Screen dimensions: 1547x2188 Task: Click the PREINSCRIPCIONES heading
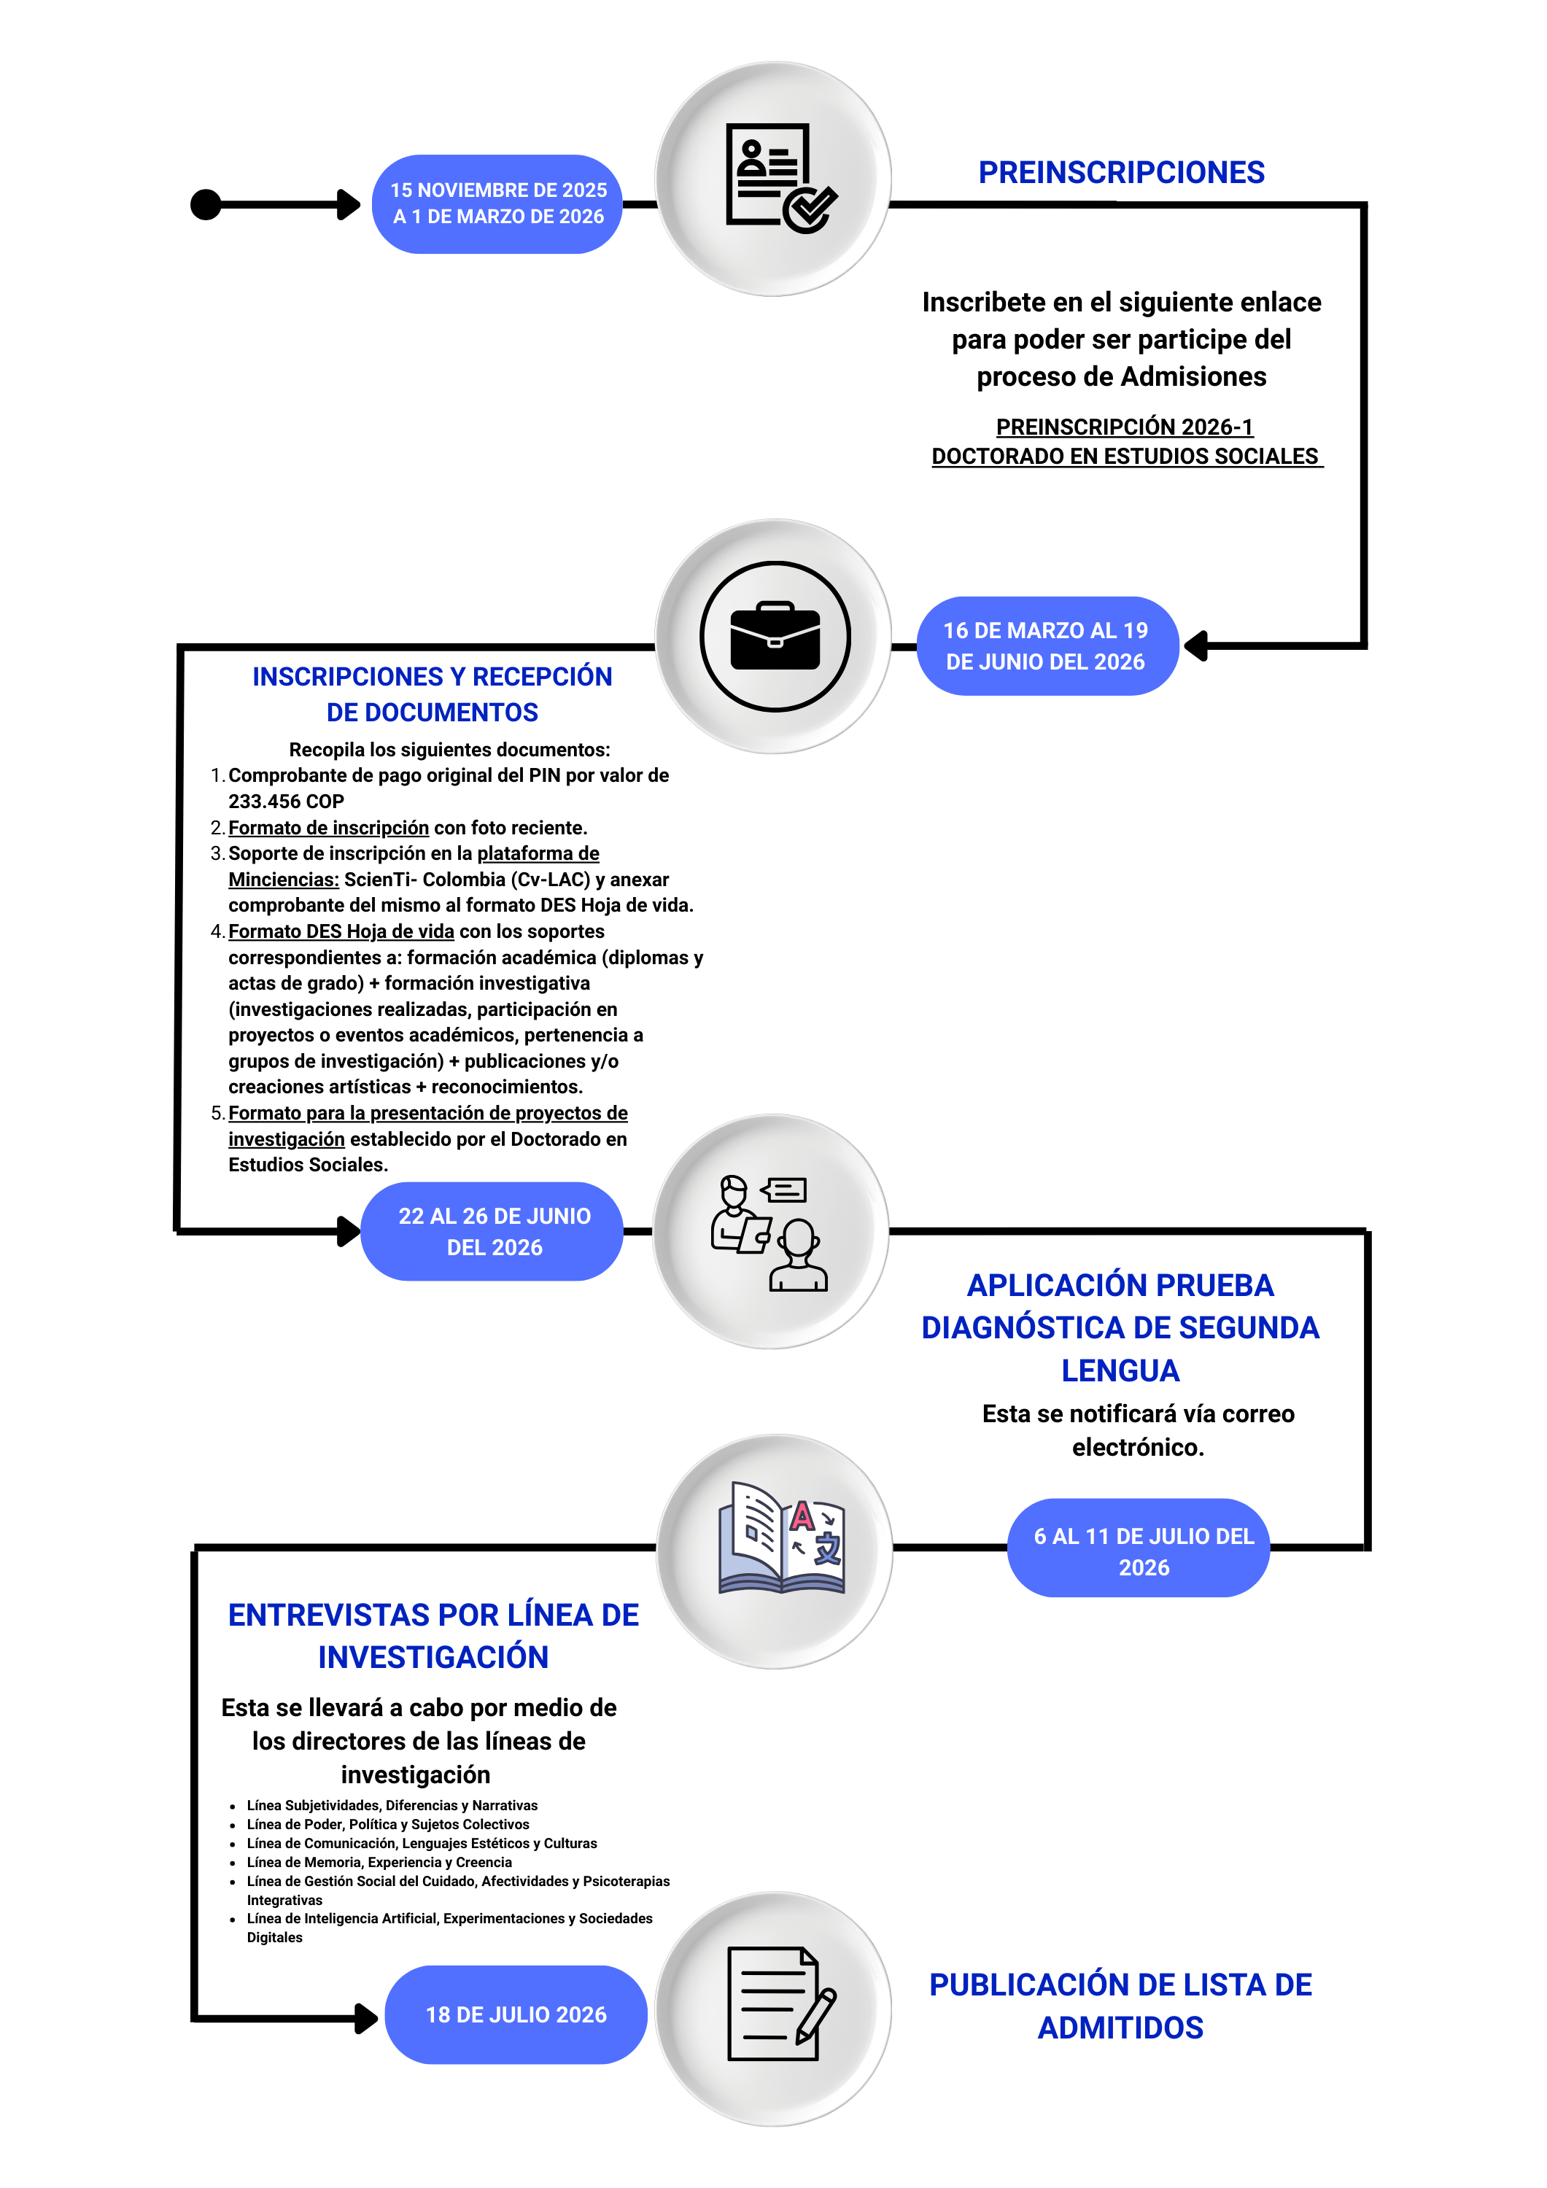(x=1121, y=172)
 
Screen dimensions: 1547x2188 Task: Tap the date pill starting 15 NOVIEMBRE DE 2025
(x=497, y=204)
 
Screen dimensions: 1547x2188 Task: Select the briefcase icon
(x=775, y=637)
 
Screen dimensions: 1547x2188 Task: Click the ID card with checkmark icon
(x=780, y=178)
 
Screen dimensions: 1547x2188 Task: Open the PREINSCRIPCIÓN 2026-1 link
(x=1125, y=427)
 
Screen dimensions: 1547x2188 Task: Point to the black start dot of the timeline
(x=206, y=205)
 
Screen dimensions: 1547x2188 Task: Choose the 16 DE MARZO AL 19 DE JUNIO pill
(x=1047, y=646)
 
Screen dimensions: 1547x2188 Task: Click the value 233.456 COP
(x=286, y=802)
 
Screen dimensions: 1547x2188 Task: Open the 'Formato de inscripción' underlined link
(x=329, y=828)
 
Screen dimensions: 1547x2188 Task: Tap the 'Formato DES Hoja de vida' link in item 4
(x=341, y=931)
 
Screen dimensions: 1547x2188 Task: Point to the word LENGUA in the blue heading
(x=1120, y=1370)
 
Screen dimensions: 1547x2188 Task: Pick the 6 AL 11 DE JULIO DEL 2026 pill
(x=1139, y=1548)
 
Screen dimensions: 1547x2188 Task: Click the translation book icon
(x=782, y=1537)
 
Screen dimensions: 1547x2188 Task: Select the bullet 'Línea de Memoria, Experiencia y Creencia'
(x=379, y=1862)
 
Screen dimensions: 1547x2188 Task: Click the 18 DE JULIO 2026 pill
(x=516, y=2014)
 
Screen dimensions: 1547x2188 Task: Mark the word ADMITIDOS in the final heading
(x=1120, y=2028)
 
